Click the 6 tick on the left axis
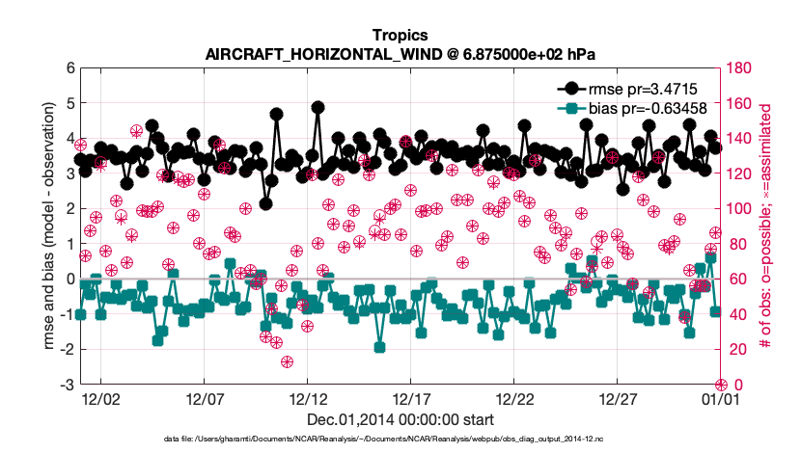69,67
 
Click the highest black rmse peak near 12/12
318,108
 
